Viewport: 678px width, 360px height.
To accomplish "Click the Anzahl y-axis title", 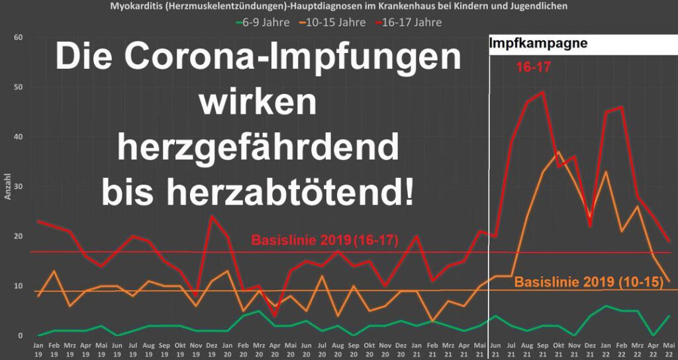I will (8, 187).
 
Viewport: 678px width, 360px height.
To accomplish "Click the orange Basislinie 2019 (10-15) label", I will (589, 282).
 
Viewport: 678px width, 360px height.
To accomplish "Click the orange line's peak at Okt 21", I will (558, 152).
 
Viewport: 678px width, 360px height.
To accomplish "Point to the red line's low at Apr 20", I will (275, 316).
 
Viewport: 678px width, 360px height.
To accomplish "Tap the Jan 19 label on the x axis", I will (39, 349).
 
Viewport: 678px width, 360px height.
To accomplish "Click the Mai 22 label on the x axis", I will (669, 349).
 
